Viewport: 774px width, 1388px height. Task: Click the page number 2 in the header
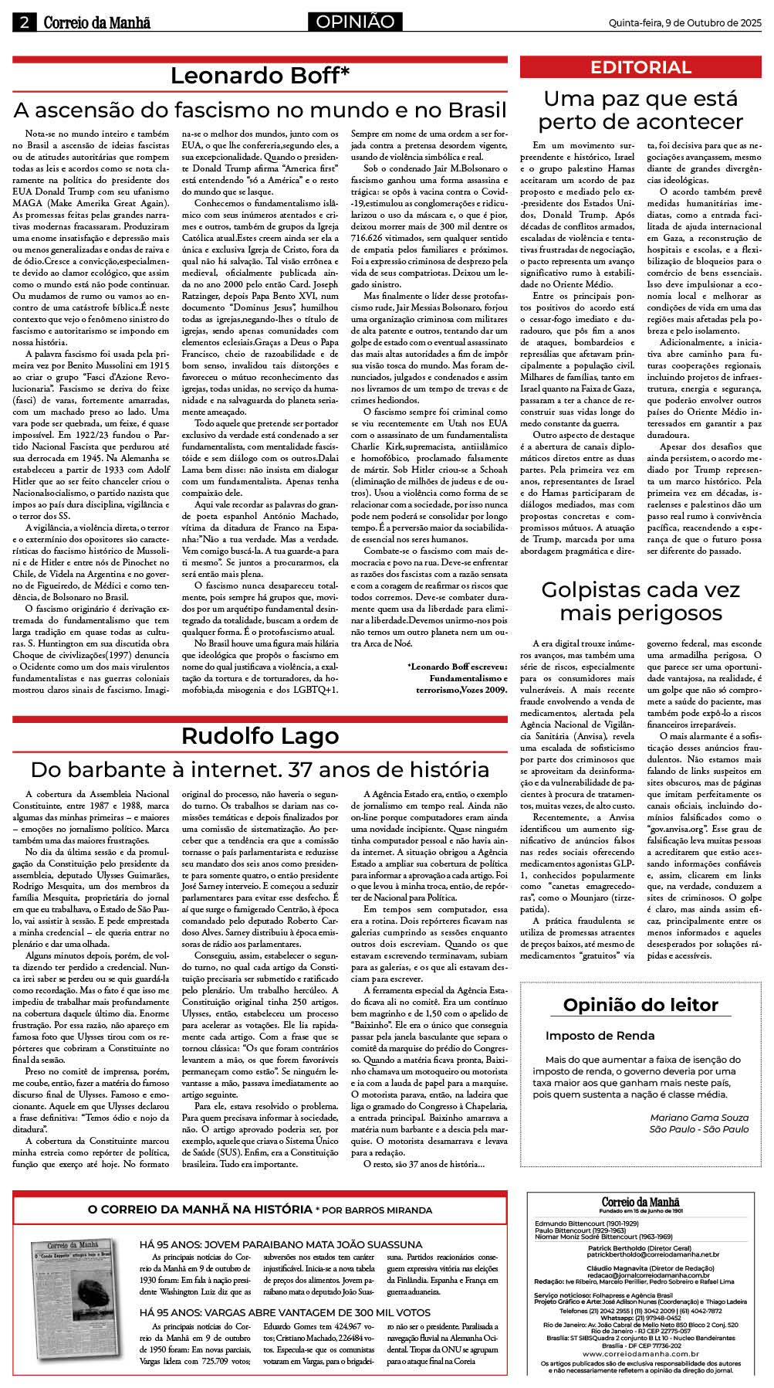(x=24, y=22)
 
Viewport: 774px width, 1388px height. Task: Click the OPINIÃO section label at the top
(x=355, y=22)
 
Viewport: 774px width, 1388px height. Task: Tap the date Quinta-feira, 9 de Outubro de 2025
(x=684, y=22)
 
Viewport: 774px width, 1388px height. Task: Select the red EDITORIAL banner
(x=640, y=67)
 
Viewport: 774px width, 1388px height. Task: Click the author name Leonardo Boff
(x=259, y=76)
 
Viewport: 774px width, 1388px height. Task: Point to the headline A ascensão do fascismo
(x=260, y=109)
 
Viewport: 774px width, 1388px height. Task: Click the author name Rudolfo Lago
(x=259, y=736)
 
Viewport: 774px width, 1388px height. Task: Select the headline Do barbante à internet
(x=259, y=769)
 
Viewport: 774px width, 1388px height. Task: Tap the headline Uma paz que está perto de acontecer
(x=640, y=110)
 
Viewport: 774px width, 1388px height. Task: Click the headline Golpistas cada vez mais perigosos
(x=640, y=602)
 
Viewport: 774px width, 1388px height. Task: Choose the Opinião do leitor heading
(x=640, y=1005)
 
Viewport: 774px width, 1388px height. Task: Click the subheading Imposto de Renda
(x=600, y=1036)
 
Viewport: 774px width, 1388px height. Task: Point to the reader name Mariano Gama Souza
(x=699, y=1118)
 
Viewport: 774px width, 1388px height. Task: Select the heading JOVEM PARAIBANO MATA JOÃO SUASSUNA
(x=281, y=1244)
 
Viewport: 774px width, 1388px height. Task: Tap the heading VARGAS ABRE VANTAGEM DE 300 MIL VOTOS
(x=285, y=1312)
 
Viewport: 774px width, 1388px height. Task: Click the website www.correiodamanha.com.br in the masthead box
(x=640, y=1354)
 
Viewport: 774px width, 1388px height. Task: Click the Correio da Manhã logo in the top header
(x=96, y=22)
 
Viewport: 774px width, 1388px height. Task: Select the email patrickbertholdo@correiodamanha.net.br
(x=642, y=1255)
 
